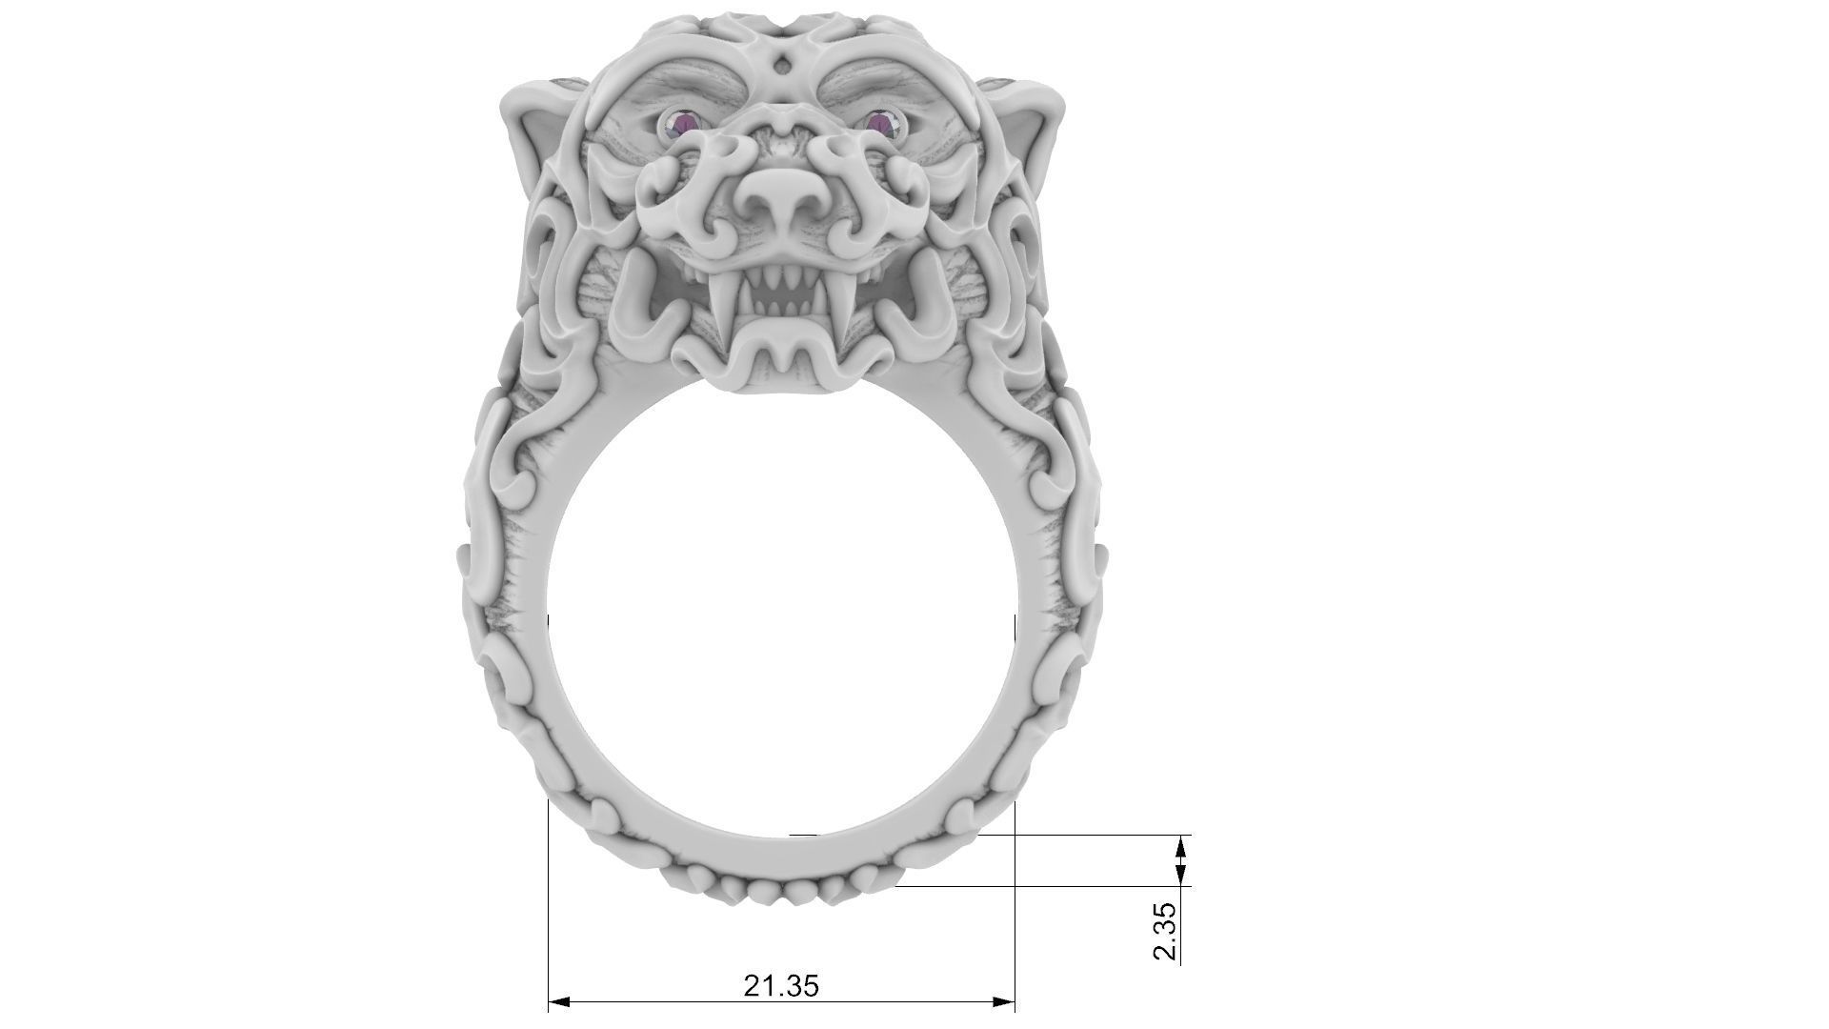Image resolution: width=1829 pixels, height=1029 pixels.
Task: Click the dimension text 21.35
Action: pos(781,985)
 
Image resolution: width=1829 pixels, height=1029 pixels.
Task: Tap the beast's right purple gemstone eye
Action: pos(884,125)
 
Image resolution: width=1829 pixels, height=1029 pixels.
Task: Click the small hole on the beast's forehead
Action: pos(783,66)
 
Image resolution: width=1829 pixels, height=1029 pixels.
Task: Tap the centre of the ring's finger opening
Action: pos(781,610)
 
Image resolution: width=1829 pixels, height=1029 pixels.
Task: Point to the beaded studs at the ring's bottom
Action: pos(781,892)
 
